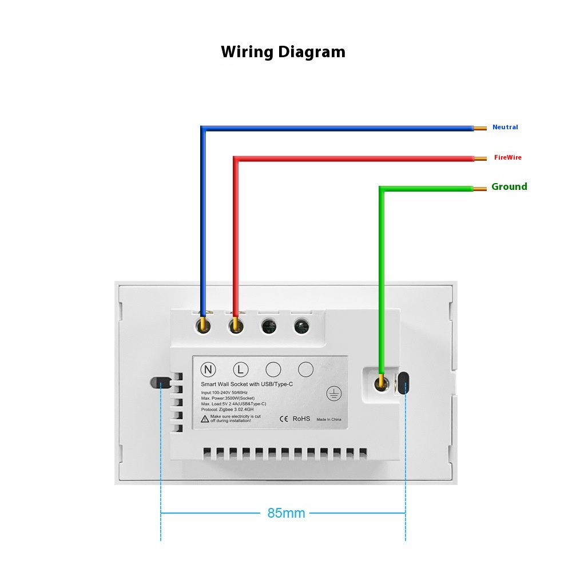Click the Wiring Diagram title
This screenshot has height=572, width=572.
(x=283, y=52)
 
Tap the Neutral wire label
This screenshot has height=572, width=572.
(x=505, y=127)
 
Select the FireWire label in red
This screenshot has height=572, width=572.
(x=508, y=157)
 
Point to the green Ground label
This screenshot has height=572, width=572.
(x=509, y=186)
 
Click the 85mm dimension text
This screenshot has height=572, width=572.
(x=286, y=513)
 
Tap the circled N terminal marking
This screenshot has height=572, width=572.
(x=208, y=370)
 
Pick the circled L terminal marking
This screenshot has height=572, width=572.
(x=240, y=370)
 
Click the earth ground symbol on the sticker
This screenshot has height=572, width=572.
(x=334, y=394)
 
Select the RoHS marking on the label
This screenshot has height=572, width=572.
(x=301, y=419)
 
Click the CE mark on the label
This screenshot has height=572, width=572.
(x=284, y=419)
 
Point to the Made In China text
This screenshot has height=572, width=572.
(x=329, y=419)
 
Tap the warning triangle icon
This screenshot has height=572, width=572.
(x=205, y=419)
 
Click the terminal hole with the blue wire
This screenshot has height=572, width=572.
(x=203, y=325)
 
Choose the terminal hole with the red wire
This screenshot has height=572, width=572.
(x=236, y=325)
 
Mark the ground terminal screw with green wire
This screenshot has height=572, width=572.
(x=382, y=384)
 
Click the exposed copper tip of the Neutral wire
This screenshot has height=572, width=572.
(x=480, y=128)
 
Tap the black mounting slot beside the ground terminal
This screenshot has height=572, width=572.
(x=403, y=383)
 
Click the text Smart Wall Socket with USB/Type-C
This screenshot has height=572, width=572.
(x=247, y=384)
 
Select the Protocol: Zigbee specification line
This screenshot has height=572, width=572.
(x=227, y=410)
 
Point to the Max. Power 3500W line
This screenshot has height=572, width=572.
(x=228, y=398)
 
